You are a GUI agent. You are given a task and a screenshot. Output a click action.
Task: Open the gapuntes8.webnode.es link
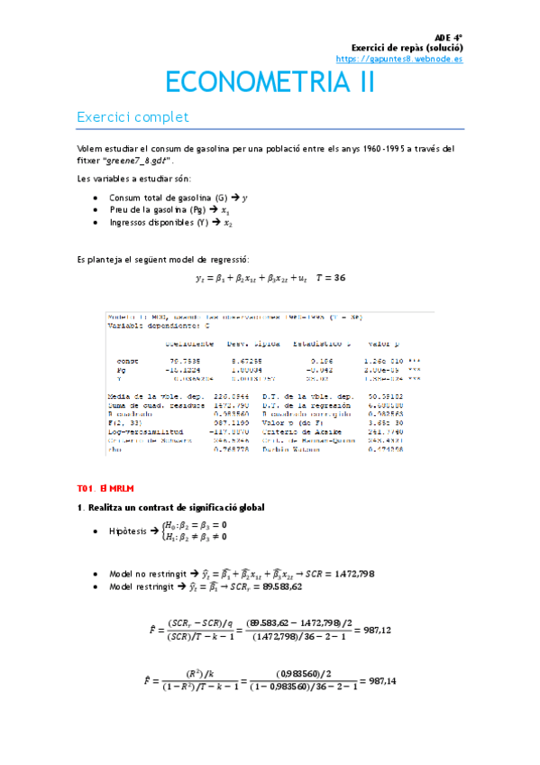[398, 58]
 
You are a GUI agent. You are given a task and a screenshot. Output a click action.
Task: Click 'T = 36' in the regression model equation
[329, 278]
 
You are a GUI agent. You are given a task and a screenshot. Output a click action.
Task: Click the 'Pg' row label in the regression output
[123, 370]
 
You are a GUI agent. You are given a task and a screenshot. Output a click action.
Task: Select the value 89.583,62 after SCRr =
[352, 586]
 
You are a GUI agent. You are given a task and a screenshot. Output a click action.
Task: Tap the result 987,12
[376, 631]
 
